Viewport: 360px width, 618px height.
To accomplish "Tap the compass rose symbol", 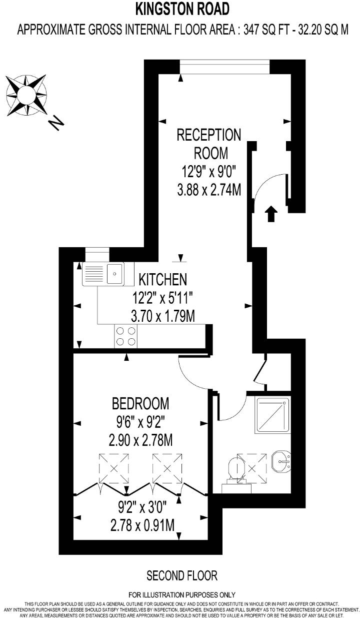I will click(26, 94).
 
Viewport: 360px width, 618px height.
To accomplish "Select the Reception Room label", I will click(208, 143).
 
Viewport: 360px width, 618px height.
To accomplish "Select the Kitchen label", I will click(163, 279).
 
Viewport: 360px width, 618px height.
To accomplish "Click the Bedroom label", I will click(140, 403).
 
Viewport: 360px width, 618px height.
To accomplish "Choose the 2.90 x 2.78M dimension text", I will click(140, 440).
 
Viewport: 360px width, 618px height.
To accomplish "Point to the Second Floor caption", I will click(182, 575).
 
